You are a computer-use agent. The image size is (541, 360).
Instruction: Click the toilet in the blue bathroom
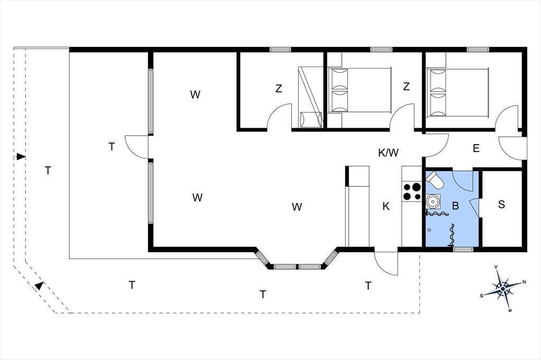(435, 181)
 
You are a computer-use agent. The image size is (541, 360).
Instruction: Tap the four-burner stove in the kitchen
(412, 192)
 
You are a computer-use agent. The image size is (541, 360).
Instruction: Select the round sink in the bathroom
(432, 201)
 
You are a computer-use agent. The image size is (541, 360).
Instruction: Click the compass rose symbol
(503, 288)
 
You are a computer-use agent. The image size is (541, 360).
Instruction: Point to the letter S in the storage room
(501, 204)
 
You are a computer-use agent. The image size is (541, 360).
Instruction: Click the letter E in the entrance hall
(476, 149)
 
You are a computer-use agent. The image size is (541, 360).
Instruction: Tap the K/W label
(388, 153)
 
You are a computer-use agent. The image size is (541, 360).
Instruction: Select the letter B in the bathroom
(455, 206)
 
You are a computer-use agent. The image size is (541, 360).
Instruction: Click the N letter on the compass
(524, 282)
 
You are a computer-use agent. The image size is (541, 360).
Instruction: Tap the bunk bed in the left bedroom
(310, 98)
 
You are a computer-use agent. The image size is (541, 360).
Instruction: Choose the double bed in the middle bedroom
(360, 90)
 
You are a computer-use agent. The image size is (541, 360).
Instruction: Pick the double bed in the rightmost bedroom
(458, 92)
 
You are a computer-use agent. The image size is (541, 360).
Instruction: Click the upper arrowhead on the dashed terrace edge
(21, 157)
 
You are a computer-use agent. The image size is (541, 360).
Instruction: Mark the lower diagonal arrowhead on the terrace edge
(40, 286)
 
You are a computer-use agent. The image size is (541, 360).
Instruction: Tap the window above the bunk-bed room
(281, 50)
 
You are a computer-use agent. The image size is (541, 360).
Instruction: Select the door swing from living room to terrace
(137, 147)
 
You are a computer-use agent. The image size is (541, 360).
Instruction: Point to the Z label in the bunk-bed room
(278, 89)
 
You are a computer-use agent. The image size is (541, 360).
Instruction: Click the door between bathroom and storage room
(475, 207)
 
